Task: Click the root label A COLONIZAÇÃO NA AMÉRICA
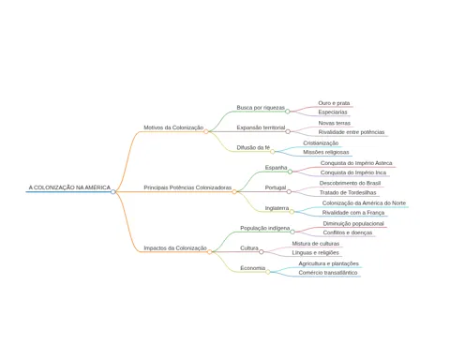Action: [x=69, y=187]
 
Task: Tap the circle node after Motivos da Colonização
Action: [x=206, y=131]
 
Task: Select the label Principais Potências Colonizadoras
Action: [x=187, y=187]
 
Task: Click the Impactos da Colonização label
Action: [x=175, y=248]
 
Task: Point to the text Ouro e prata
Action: [x=334, y=103]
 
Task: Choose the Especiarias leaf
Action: [x=333, y=112]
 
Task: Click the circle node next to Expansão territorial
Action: [x=288, y=131]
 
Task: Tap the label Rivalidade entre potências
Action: [x=352, y=132]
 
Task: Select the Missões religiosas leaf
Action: [x=325, y=152]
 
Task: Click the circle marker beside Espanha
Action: [x=290, y=172]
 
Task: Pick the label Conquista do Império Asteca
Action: [x=356, y=163]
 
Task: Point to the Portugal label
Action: [x=276, y=187]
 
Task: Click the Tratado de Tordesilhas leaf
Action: [x=348, y=192]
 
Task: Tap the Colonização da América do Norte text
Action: [x=364, y=203]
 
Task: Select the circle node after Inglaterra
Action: [x=292, y=212]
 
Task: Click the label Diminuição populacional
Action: [x=353, y=224]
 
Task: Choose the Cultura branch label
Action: [x=249, y=248]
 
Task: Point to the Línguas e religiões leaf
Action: [x=315, y=252]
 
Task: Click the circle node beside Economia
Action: [x=268, y=272]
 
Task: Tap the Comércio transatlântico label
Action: [x=328, y=273]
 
